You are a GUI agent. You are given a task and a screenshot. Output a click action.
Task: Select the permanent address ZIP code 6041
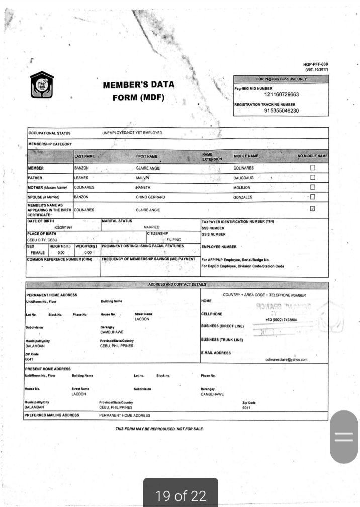tap(29, 360)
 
